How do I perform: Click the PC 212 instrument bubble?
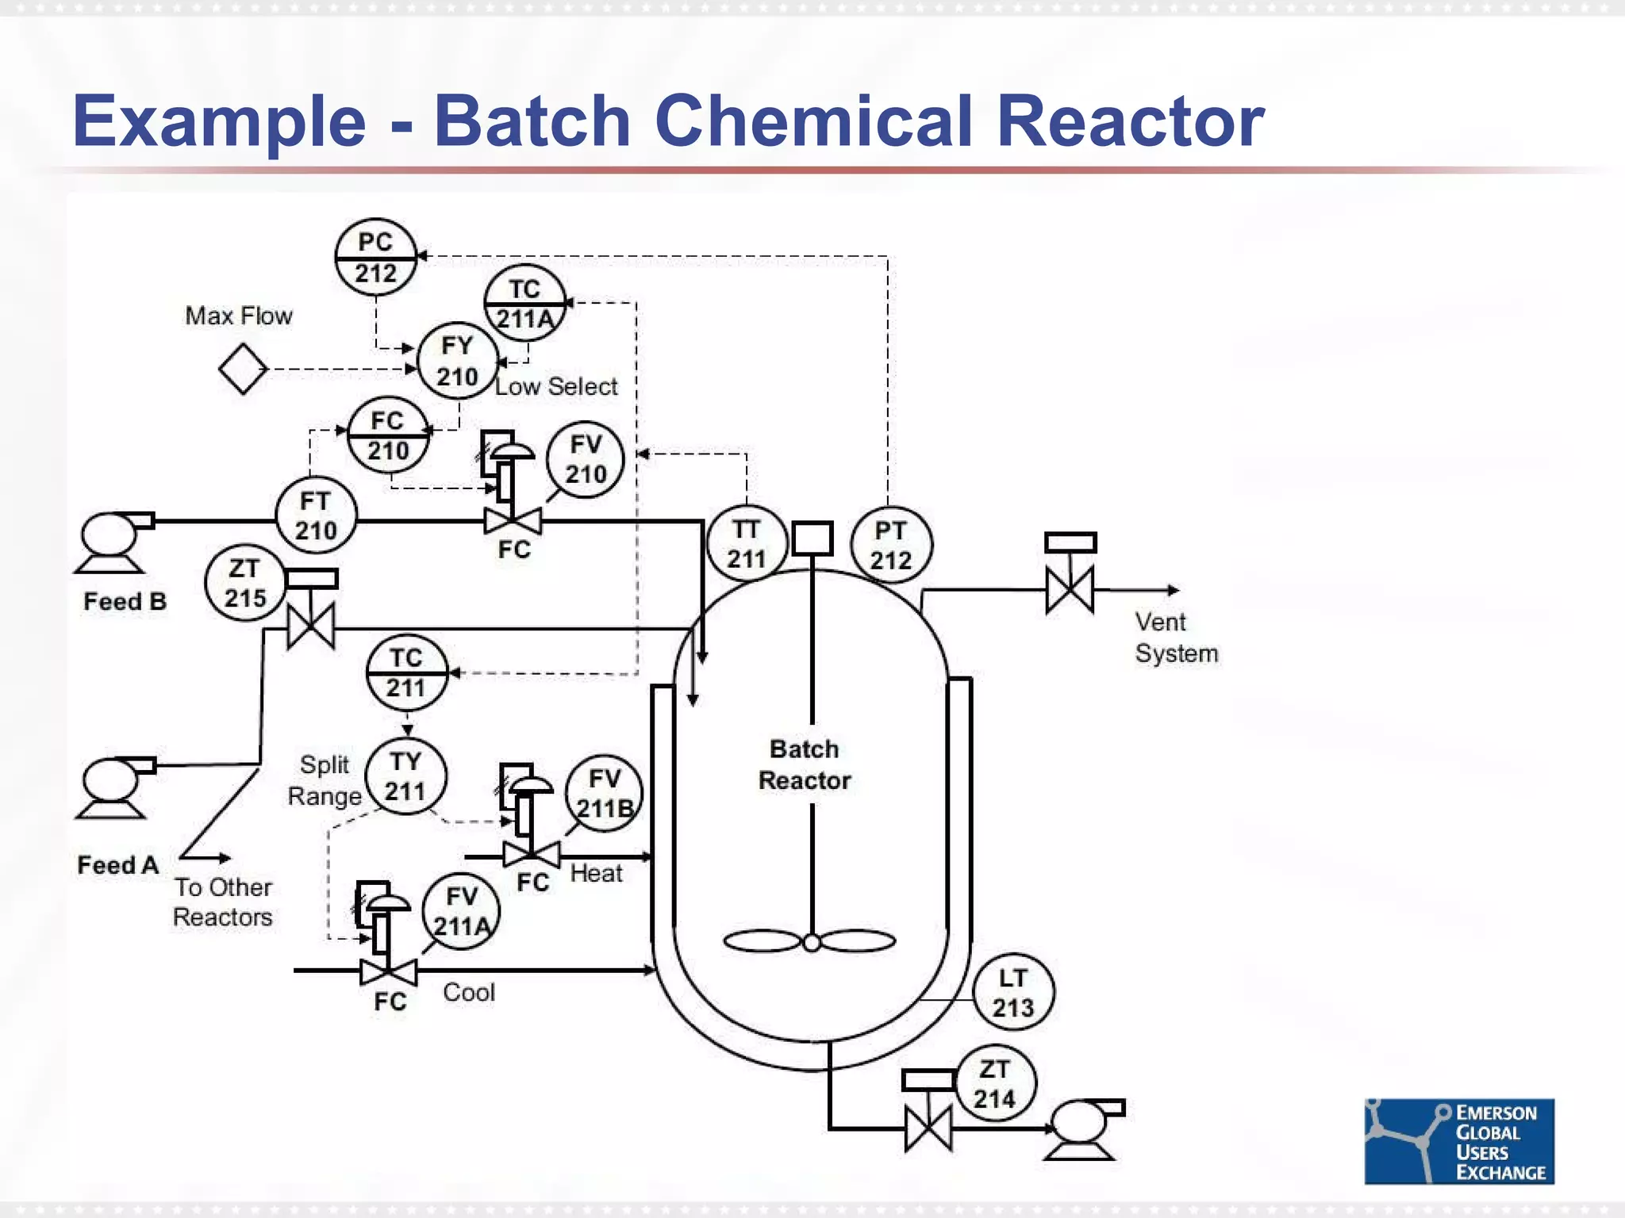click(x=375, y=258)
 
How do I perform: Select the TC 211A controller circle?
click(x=524, y=303)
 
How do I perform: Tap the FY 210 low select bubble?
click(x=457, y=361)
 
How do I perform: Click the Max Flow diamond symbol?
click(x=243, y=369)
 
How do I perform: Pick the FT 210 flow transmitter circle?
click(x=316, y=516)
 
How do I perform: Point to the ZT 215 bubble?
click(x=244, y=583)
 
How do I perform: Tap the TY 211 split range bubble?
click(x=405, y=776)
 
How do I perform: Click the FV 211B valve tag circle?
click(x=604, y=793)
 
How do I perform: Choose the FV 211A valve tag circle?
click(x=461, y=911)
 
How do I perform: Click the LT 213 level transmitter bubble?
click(x=1013, y=992)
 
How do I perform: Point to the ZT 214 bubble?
click(x=994, y=1084)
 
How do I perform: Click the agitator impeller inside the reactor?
click(x=810, y=942)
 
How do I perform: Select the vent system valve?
click(x=1070, y=588)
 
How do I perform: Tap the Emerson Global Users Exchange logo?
click(x=1458, y=1141)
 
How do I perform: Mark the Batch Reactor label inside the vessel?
click(x=805, y=764)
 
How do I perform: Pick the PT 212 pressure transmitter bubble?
click(x=890, y=545)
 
